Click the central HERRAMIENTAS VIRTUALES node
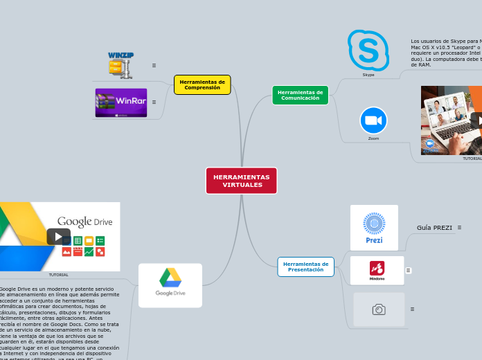pos(241,181)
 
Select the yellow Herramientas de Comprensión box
pos(202,84)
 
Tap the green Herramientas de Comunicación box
pos(300,95)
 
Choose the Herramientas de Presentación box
pos(305,267)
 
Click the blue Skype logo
pos(368,50)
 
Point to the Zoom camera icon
pos(373,120)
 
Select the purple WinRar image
pos(121,102)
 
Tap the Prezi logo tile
pos(374,227)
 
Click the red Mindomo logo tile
pos(377,270)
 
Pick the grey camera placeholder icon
pos(379,309)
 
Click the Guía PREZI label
pos(434,228)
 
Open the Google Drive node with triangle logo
pos(170,285)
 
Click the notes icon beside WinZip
pos(154,66)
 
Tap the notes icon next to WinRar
pos(154,102)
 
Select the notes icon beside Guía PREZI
pos(459,227)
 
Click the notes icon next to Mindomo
pos(409,270)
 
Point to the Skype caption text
pos(368,75)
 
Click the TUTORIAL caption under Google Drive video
pos(59,275)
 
